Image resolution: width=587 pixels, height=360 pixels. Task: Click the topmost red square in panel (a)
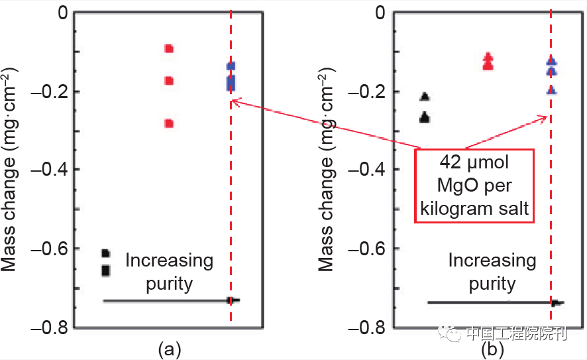pos(169,48)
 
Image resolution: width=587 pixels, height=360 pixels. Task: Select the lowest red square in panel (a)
pos(169,123)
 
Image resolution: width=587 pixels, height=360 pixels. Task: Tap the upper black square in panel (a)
pos(105,253)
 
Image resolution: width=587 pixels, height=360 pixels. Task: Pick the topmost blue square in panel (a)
pos(231,66)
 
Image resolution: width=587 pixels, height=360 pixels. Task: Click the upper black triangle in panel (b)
pos(425,97)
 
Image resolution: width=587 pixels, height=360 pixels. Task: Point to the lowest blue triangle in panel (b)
pos(551,90)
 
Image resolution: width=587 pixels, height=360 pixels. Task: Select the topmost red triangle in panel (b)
pos(488,57)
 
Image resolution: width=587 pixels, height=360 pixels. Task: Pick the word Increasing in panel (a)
pos(170,261)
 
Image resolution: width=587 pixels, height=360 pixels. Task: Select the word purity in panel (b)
pos(492,284)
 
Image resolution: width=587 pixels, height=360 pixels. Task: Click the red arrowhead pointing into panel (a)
pos(234,101)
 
